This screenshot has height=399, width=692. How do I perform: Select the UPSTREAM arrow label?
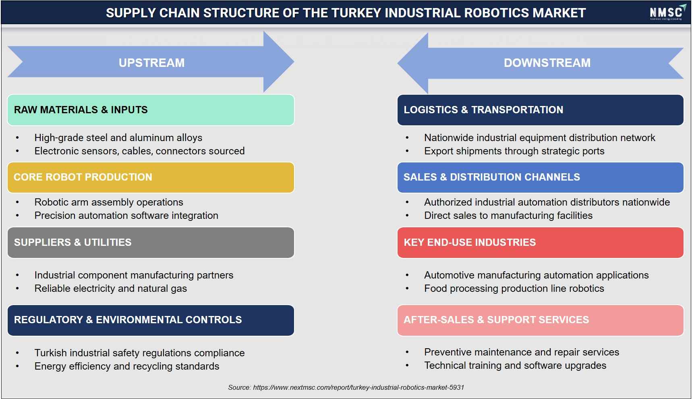point(151,63)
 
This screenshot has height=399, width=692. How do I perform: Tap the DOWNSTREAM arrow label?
point(547,63)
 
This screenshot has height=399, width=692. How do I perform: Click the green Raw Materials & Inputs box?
point(151,110)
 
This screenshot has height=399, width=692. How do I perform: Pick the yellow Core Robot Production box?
point(151,177)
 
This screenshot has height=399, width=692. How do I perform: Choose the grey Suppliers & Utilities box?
point(151,243)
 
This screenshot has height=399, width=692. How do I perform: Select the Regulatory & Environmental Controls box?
point(151,320)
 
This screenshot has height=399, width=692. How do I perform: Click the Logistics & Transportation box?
point(540,110)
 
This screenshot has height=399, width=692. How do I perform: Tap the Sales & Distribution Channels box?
point(540,177)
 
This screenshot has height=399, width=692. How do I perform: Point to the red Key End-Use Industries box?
point(540,243)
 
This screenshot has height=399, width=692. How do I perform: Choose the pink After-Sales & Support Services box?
point(540,320)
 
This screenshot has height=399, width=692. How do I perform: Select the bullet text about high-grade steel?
point(118,138)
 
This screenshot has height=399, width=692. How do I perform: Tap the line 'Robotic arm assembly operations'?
point(109,202)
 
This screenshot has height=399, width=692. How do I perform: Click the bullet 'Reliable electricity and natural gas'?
point(111,289)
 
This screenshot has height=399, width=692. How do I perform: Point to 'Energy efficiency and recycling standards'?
point(127,366)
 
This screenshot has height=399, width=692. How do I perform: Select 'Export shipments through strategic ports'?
point(514,151)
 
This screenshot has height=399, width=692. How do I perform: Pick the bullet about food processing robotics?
point(514,289)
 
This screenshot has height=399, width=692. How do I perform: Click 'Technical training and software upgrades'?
point(515,366)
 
